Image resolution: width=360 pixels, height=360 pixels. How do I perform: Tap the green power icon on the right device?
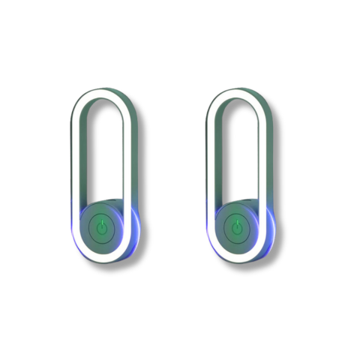point(236,227)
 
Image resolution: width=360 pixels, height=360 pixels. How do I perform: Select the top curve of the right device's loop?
point(236,93)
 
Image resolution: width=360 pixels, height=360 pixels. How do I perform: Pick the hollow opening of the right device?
point(236,150)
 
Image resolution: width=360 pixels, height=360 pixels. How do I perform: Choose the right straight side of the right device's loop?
point(264,157)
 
